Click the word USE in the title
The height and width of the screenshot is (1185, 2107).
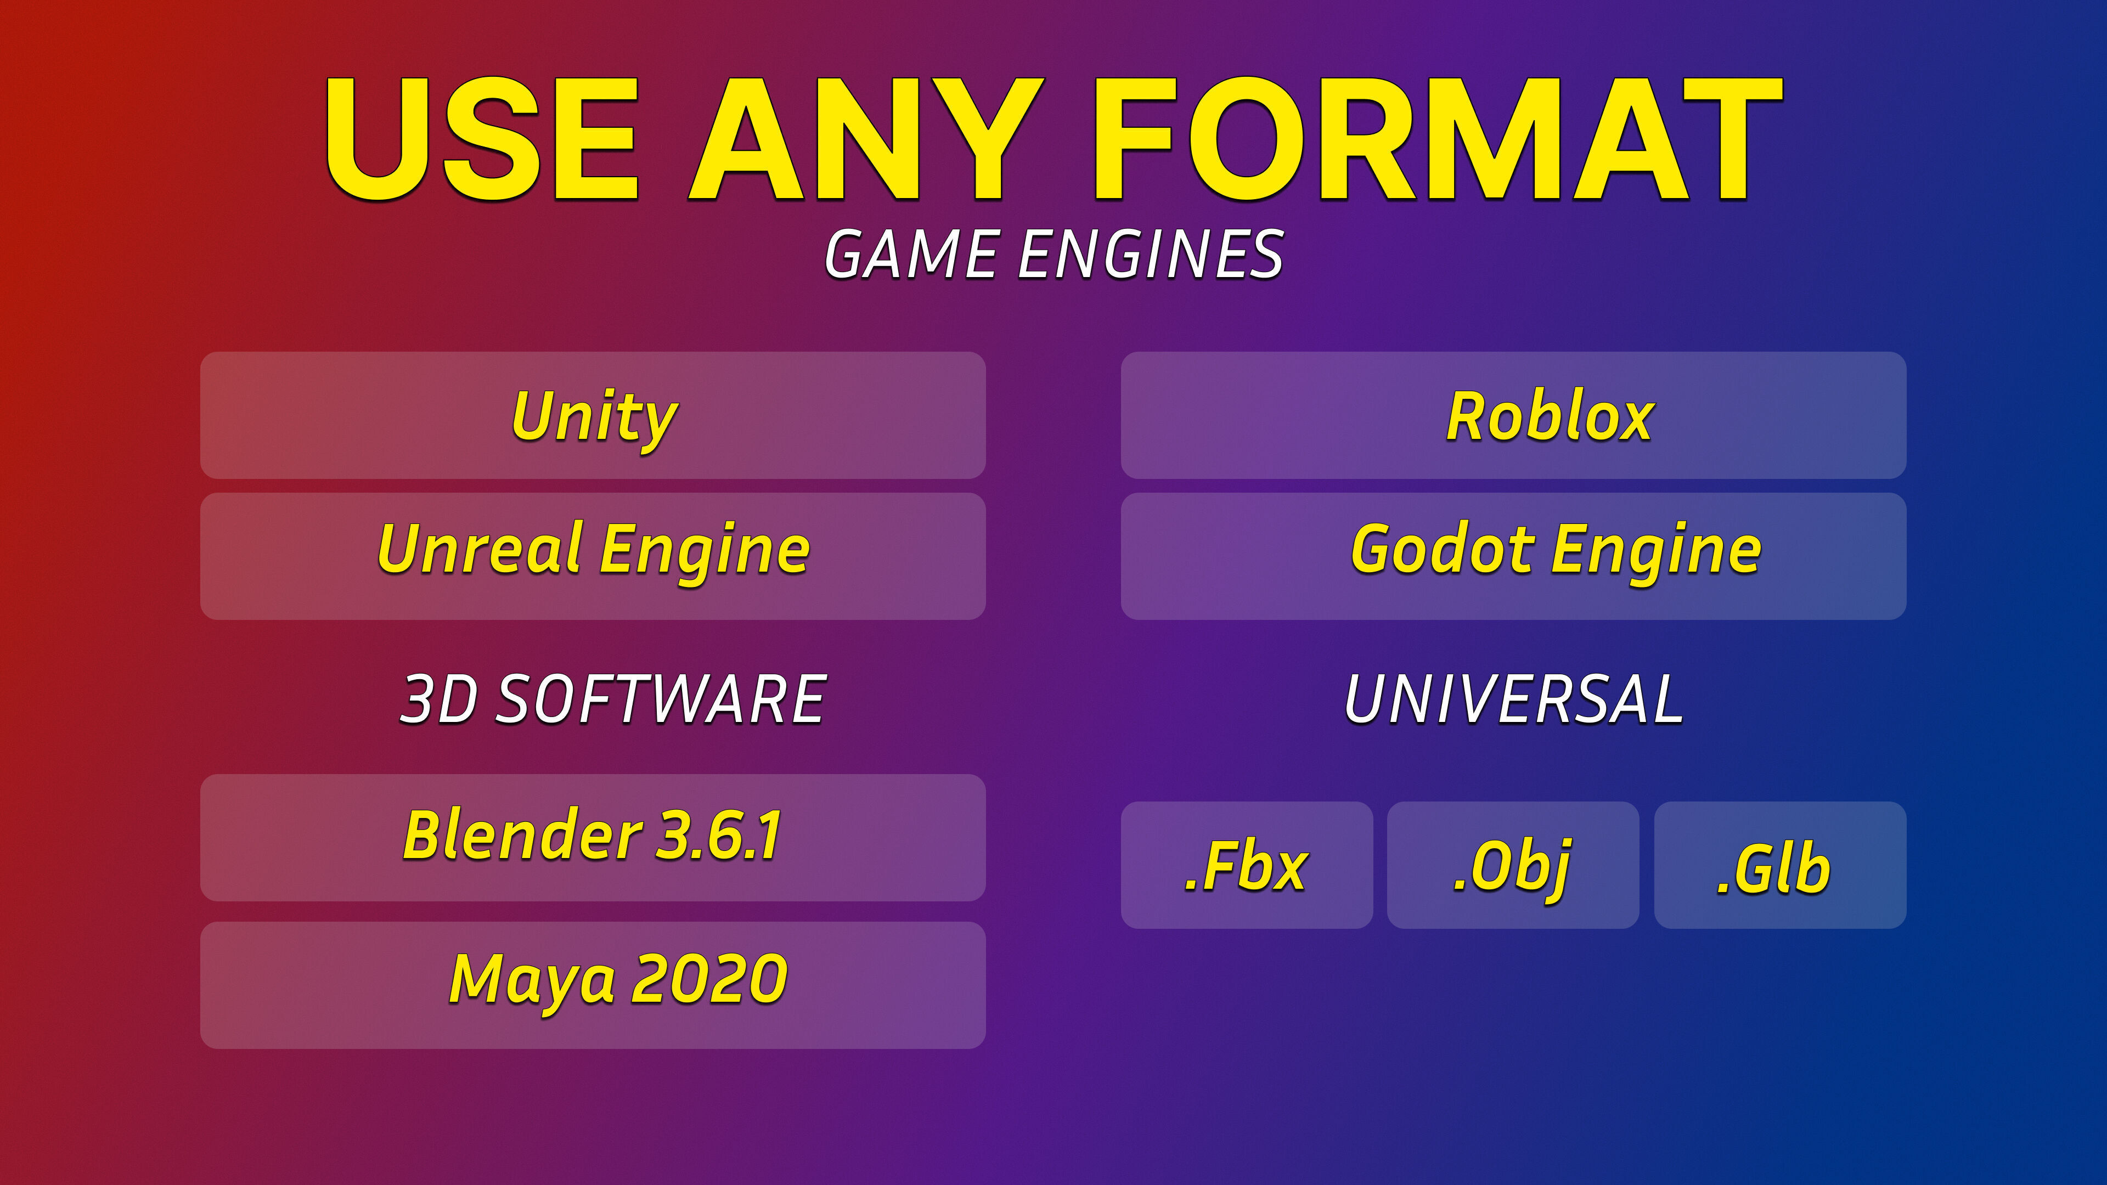[482, 139]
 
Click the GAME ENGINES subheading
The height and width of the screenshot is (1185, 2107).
[1053, 255]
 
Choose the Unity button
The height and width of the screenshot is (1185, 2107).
[593, 415]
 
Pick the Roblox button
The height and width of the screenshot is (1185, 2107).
[1513, 415]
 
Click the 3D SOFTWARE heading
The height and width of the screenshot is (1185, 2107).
[613, 699]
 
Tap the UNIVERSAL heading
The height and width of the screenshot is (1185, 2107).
[1514, 699]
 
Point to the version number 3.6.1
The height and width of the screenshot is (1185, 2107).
[720, 835]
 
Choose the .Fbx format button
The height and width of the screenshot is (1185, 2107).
[1247, 865]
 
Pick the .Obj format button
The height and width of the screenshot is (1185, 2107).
[1513, 865]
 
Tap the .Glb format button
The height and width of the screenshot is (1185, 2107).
[1780, 865]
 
